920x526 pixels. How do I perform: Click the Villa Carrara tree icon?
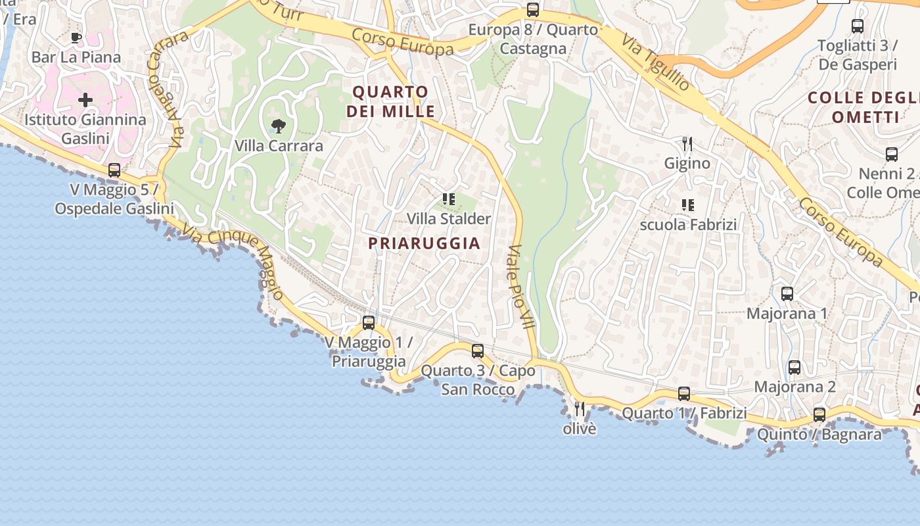279,126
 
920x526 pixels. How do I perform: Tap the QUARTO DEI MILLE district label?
390,101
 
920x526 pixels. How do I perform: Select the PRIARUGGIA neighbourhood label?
424,243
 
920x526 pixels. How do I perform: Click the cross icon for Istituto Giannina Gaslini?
85,101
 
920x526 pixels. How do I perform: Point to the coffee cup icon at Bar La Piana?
76,38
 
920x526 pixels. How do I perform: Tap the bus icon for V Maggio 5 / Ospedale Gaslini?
114,170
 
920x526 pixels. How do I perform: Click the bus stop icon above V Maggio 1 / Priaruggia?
369,323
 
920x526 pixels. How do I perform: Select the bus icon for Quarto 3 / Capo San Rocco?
478,351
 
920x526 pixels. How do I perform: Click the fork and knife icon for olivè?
580,409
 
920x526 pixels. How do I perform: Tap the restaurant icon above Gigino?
687,143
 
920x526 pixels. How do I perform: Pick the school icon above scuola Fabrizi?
687,205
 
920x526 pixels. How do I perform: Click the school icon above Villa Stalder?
449,199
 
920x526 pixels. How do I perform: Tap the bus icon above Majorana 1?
787,294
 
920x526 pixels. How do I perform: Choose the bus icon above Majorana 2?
794,368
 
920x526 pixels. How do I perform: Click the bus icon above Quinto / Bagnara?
819,415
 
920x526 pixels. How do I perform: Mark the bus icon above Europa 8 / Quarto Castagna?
533,11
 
